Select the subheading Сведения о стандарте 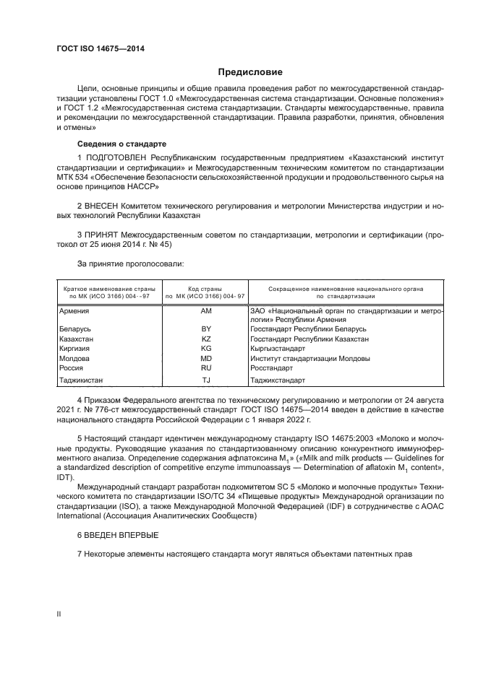[121, 144]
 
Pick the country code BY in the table [206, 328]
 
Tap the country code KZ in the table [206, 338]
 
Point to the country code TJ [206, 380]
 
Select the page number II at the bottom [59, 614]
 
